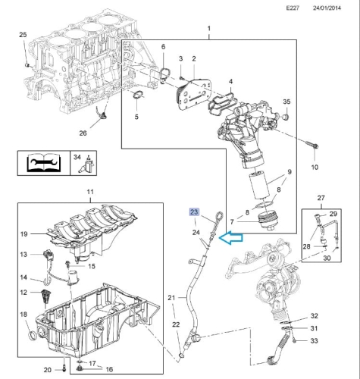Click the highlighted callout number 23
pos(194,212)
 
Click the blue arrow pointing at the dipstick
pos(230,237)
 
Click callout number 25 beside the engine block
pos(22,36)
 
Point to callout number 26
pos(83,134)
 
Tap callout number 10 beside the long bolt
pos(315,166)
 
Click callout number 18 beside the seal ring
pos(22,314)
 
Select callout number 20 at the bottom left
pos(47,369)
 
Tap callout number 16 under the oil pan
pos(108,369)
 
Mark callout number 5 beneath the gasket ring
pos(136,117)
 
